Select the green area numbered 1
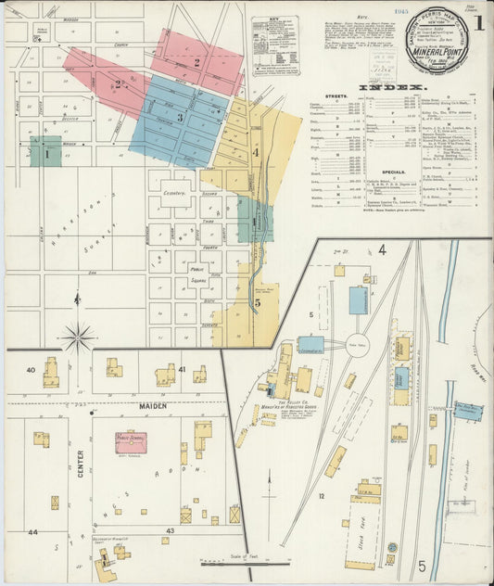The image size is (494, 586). pyautogui.click(x=45, y=154)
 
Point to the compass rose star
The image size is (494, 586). pyautogui.click(x=78, y=337)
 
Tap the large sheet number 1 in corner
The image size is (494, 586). pyautogui.click(x=478, y=23)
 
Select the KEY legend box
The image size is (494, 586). pyautogui.click(x=275, y=45)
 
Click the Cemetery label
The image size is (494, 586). pyautogui.click(x=175, y=193)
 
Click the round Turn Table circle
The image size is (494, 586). pyautogui.click(x=358, y=342)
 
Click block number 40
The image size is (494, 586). pyautogui.click(x=31, y=370)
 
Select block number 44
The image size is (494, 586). pyautogui.click(x=32, y=532)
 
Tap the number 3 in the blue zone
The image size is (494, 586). pyautogui.click(x=180, y=118)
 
